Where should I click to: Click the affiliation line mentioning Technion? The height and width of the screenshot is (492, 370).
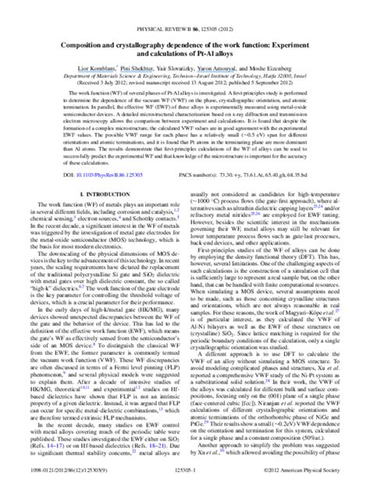click(185, 55)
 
